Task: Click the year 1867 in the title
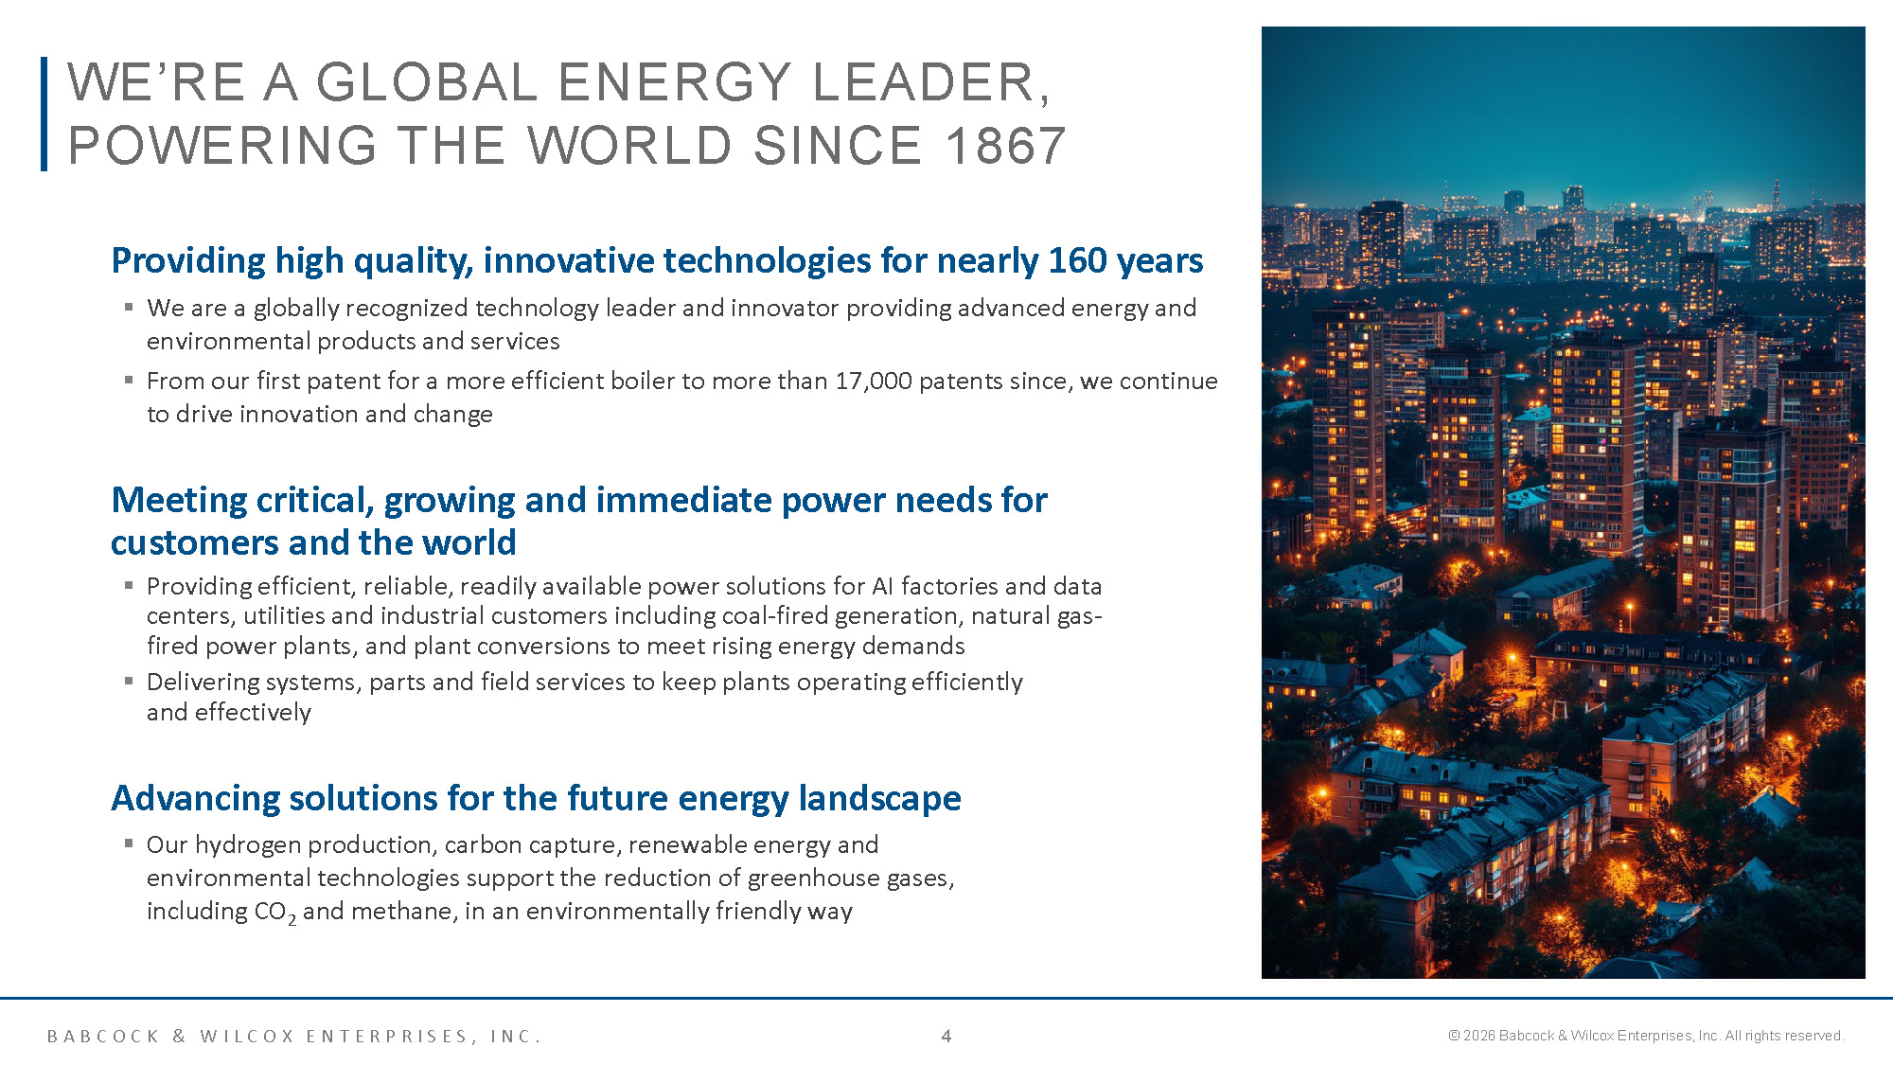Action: click(x=1005, y=146)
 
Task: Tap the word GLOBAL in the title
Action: click(x=427, y=82)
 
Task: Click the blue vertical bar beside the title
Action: click(x=44, y=114)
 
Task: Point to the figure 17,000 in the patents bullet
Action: click(x=873, y=381)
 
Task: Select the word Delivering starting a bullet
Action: click(x=203, y=683)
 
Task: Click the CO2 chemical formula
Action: click(x=275, y=912)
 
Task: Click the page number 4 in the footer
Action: click(x=946, y=1036)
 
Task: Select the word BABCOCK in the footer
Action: click(x=104, y=1037)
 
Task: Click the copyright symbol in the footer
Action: click(x=1454, y=1036)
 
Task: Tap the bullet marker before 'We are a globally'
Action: click(x=129, y=306)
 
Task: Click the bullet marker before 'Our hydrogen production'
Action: click(x=129, y=842)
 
